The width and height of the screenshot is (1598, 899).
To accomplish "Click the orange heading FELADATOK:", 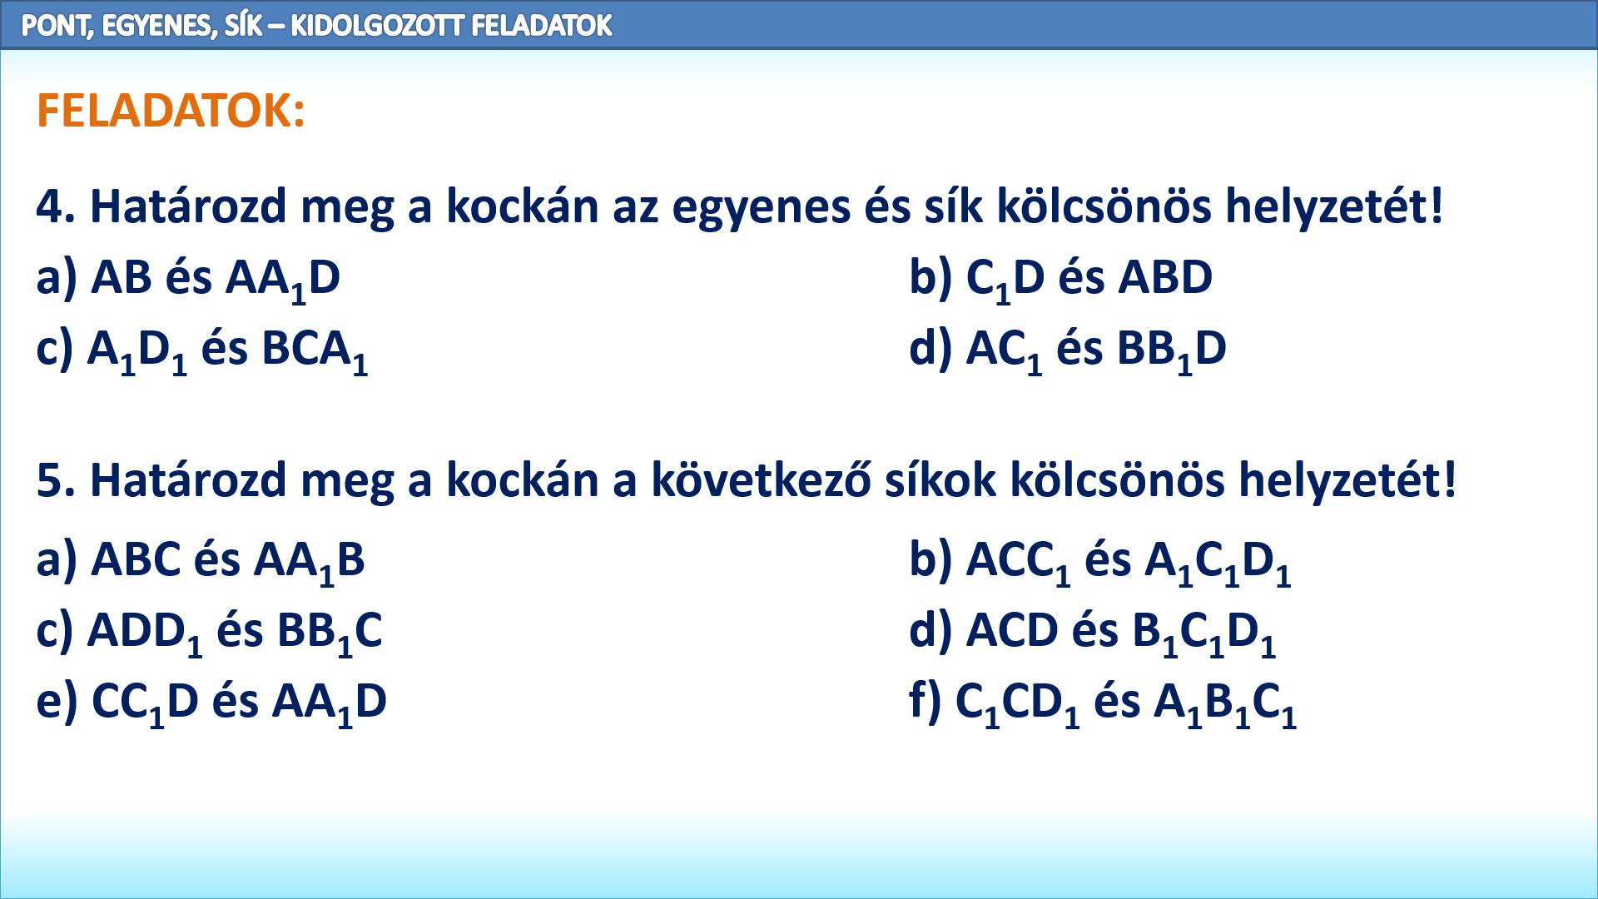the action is point(171,111).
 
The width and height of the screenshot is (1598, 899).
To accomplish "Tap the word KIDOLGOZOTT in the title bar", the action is point(377,26).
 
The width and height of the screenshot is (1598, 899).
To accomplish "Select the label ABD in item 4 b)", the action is point(1165,277).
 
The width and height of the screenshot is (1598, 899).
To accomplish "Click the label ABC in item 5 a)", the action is point(136,559).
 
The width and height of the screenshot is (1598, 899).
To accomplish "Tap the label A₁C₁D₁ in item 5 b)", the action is point(1218,563).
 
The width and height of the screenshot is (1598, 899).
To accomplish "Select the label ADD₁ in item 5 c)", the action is point(145,633).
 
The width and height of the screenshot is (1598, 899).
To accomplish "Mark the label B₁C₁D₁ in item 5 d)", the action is point(1203,633).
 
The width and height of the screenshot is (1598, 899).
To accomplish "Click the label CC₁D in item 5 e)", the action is point(145,704).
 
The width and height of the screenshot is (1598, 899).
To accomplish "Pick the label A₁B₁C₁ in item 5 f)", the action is point(1225,704).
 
